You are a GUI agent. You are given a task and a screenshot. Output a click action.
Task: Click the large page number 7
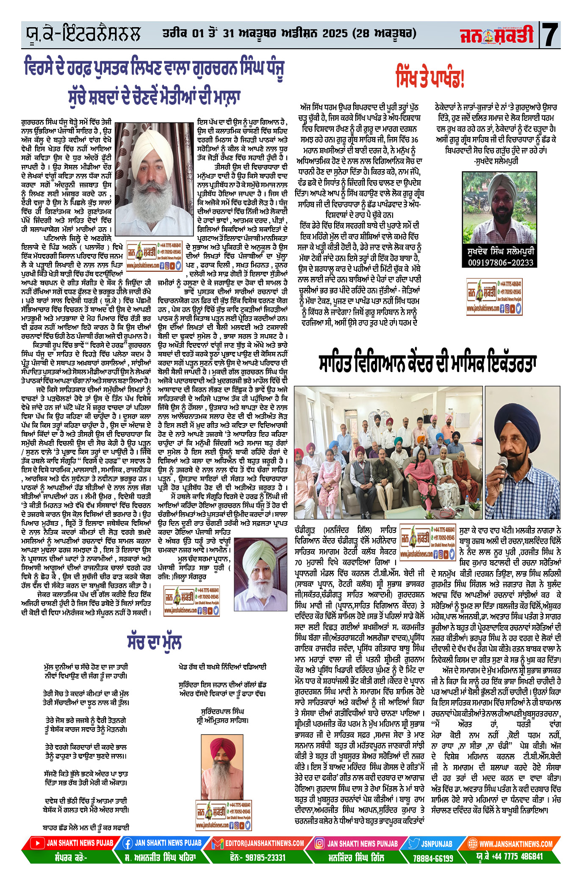click(550, 35)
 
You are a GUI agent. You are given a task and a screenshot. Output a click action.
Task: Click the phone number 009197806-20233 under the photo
click(500, 262)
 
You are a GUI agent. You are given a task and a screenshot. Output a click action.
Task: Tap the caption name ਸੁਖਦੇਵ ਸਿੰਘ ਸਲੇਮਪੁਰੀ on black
click(500, 251)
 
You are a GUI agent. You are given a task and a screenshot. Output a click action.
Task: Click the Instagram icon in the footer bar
click(320, 843)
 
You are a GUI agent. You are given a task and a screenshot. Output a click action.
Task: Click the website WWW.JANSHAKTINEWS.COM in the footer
click(515, 844)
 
